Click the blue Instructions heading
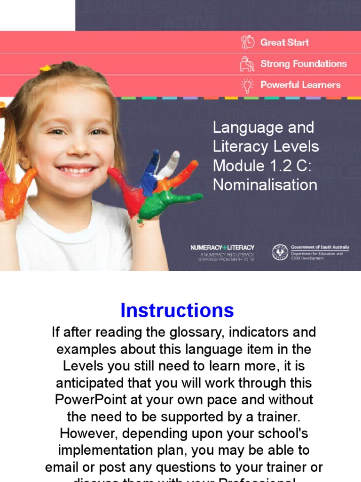(177, 311)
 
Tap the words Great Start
(284, 42)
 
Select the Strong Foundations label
(303, 64)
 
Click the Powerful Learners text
(300, 85)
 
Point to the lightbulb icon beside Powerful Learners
(247, 85)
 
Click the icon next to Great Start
(248, 42)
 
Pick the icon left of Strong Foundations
(247, 64)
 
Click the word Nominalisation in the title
(265, 185)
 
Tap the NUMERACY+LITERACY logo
(222, 248)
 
